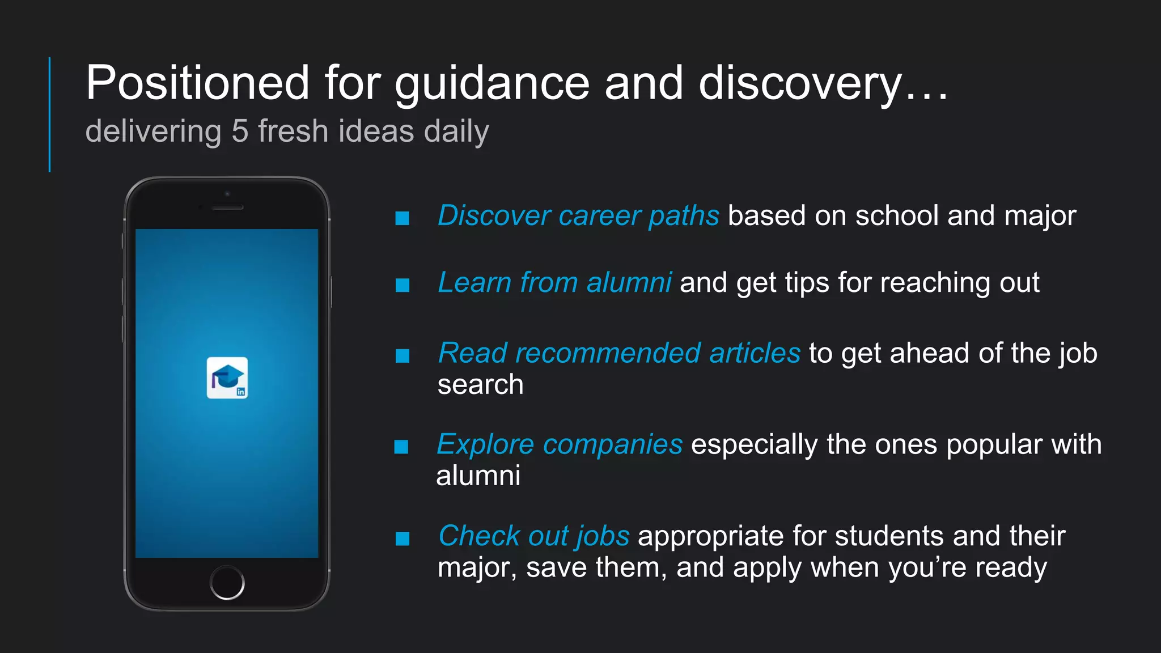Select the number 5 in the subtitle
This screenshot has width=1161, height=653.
click(240, 131)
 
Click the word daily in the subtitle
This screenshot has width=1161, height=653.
click(456, 132)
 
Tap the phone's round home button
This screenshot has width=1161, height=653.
click(227, 582)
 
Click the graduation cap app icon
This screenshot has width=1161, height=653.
click(227, 378)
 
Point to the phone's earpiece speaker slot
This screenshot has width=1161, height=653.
click(227, 207)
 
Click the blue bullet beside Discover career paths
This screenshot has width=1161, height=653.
click(402, 218)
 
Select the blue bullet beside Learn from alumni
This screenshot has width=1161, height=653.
click(402, 285)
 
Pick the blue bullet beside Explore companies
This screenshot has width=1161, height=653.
click(401, 447)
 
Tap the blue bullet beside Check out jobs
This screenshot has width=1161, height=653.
click(402, 538)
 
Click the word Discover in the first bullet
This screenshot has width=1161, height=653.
click(494, 216)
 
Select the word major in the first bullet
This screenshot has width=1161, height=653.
click(1040, 216)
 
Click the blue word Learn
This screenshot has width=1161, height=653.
click(474, 282)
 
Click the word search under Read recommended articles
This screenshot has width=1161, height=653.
click(480, 385)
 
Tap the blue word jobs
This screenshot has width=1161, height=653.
click(603, 536)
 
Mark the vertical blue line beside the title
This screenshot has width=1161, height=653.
click(50, 114)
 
